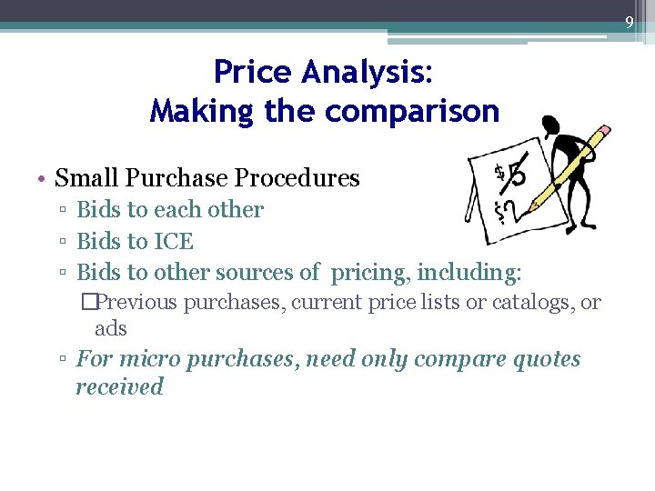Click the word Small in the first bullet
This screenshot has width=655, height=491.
86,177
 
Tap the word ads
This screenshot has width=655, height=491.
110,328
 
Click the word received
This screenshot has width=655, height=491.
119,386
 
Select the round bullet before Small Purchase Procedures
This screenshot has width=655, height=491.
43,178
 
